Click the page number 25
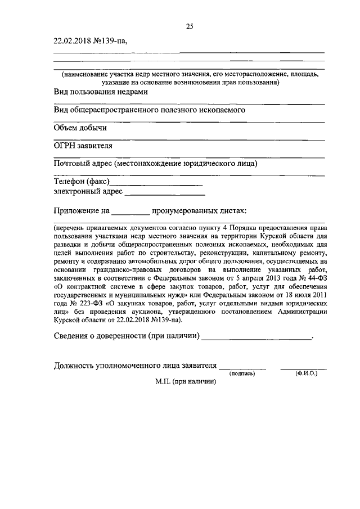coord(190,25)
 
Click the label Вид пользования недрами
coord(101,92)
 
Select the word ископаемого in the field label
coord(217,110)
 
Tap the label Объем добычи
coord(80,128)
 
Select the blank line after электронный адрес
coord(164,192)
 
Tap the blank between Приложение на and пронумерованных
coord(130,213)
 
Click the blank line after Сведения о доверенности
coord(256,338)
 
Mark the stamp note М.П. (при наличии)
coord(186,381)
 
